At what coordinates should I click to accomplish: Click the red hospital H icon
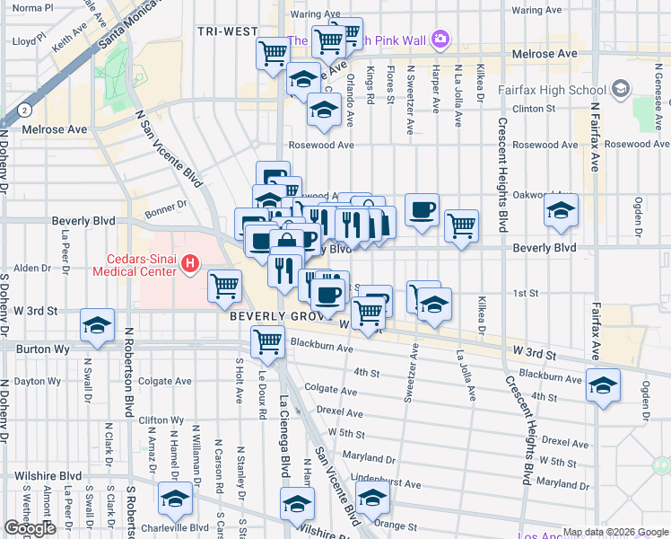click(190, 263)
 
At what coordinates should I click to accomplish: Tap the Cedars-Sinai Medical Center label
click(135, 263)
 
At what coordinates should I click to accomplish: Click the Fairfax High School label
click(562, 90)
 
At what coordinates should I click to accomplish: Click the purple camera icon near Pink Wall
click(440, 39)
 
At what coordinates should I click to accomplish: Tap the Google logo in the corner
click(30, 528)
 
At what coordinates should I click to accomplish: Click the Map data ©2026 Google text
click(615, 532)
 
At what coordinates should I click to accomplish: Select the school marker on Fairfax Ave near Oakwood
click(561, 210)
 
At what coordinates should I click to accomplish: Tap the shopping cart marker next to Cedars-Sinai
click(224, 286)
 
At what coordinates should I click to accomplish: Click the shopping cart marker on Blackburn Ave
click(267, 341)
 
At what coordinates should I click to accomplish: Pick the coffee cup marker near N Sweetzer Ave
click(422, 209)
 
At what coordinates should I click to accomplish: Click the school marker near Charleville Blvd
click(175, 499)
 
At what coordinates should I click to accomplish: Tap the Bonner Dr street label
click(165, 205)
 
